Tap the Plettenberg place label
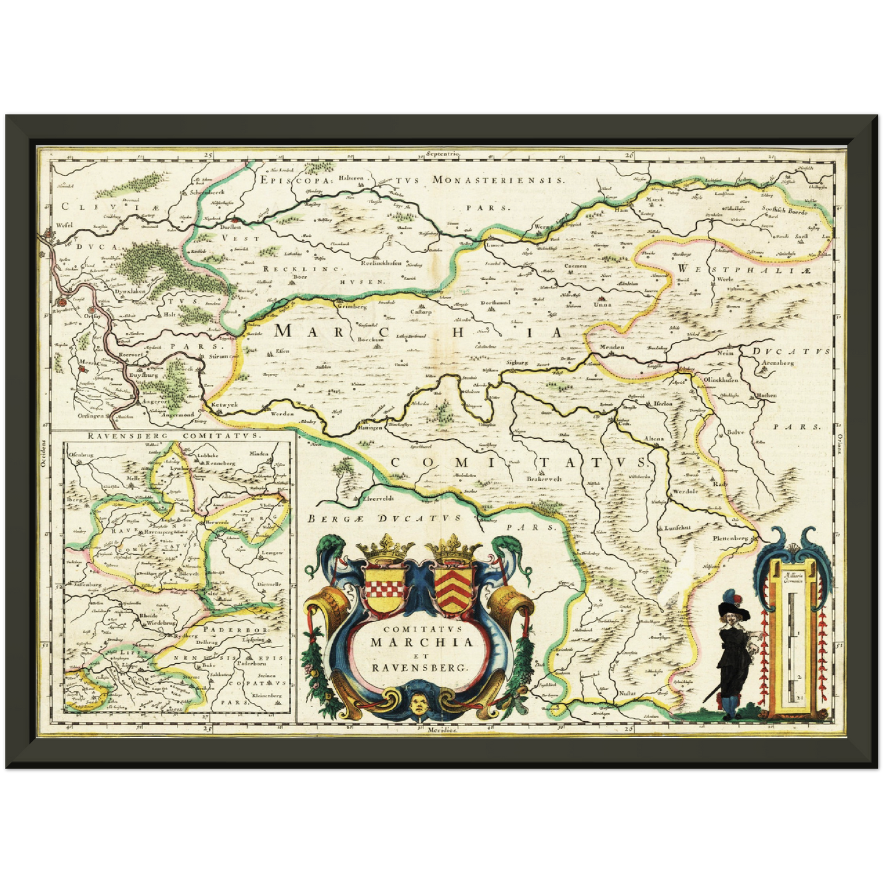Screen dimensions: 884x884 730,539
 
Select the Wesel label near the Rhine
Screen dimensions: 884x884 64,225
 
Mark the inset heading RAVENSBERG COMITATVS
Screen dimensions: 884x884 173,436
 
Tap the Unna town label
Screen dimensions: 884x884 603,304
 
